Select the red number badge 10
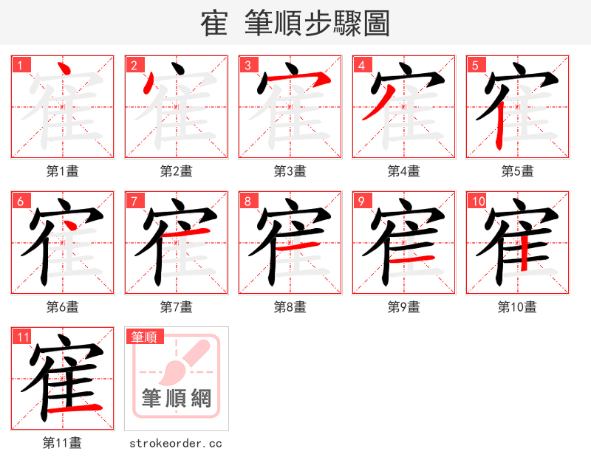tap(477, 201)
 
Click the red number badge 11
tap(23, 337)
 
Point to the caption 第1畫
tap(63, 171)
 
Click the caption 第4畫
tap(404, 171)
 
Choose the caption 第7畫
tap(177, 307)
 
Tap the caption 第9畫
tap(404, 307)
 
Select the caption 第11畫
tap(63, 443)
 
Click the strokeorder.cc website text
tap(176, 443)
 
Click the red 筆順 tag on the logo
tap(143, 337)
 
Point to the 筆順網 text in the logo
tap(177, 399)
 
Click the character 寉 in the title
tap(213, 23)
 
